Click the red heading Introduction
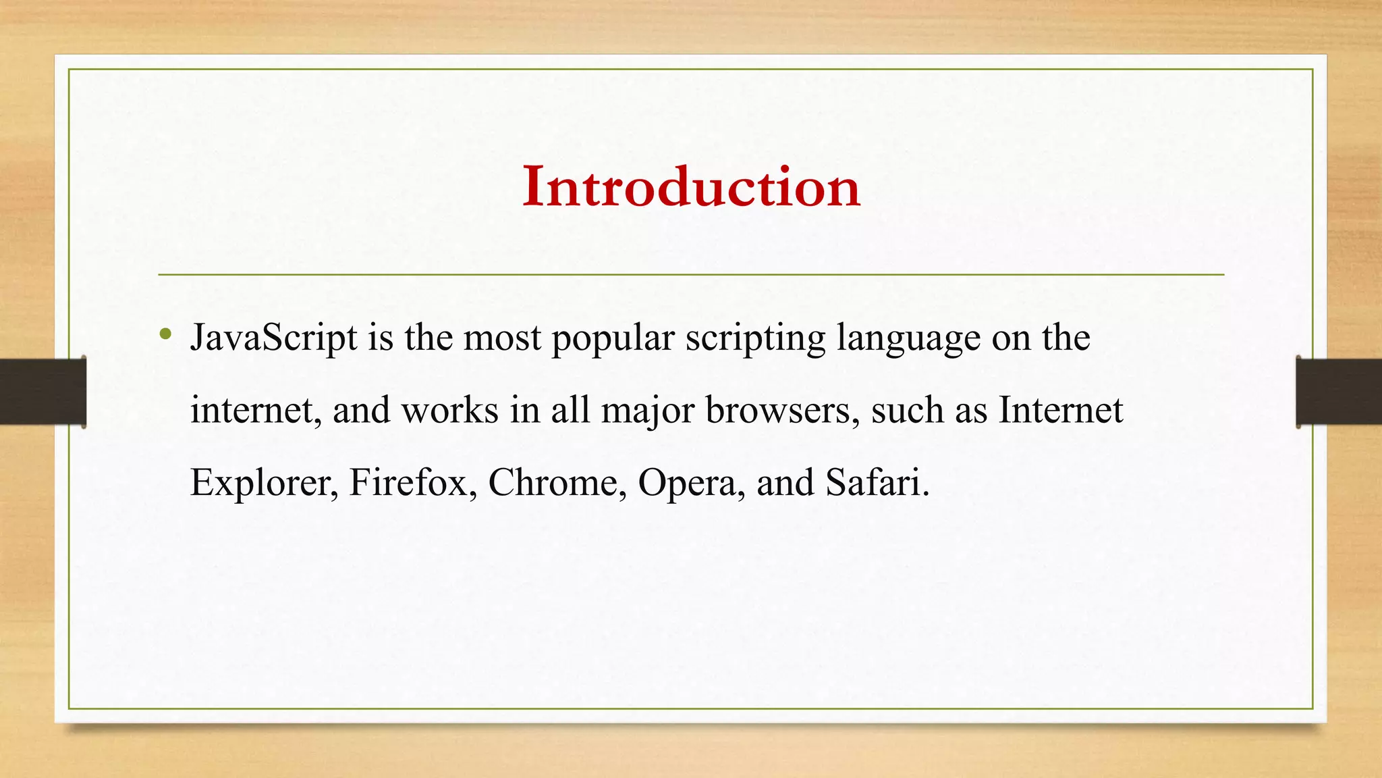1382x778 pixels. tap(691, 186)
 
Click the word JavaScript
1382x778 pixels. tap(273, 338)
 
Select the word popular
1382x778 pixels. tap(613, 339)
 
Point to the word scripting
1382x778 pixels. tap(755, 339)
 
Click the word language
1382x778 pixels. tap(908, 339)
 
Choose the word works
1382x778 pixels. tap(450, 411)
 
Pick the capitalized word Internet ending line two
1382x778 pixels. tap(1061, 410)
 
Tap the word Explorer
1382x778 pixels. tap(264, 484)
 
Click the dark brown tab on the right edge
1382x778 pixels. tap(1339, 392)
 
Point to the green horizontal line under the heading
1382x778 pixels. tap(691, 275)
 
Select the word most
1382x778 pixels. tap(502, 339)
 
